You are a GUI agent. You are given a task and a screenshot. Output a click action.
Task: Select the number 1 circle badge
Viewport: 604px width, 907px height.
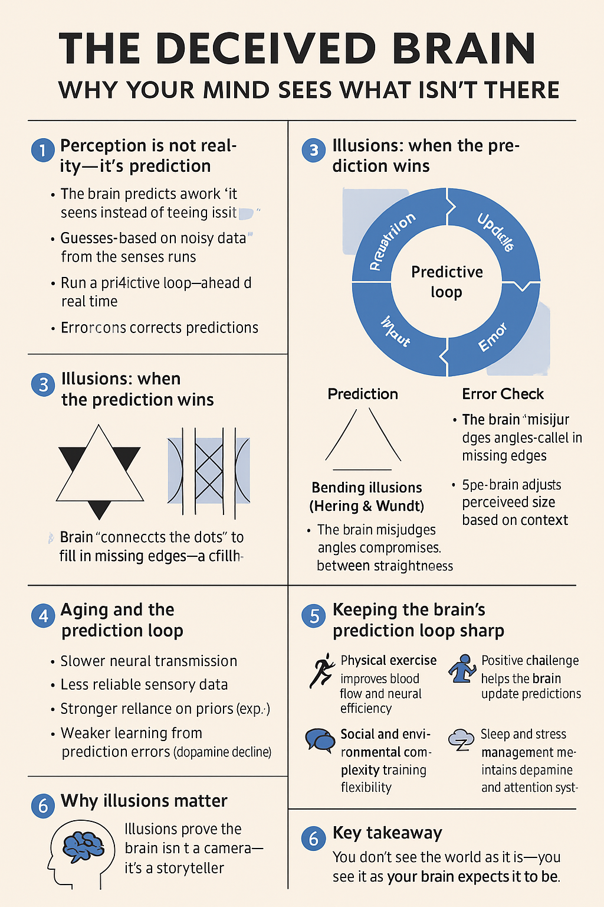[42, 151]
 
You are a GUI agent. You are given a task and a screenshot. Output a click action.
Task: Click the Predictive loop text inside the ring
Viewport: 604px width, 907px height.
[447, 282]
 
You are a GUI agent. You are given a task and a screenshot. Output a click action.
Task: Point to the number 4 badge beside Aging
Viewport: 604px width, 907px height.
[43, 616]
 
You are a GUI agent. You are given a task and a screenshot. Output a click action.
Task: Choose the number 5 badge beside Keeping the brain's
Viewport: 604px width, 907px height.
[314, 616]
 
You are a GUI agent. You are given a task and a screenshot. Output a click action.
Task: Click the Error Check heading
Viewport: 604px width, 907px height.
[503, 394]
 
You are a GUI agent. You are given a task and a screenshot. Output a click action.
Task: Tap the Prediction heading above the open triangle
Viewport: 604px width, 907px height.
[363, 394]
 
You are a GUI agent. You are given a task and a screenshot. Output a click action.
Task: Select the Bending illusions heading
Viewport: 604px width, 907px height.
[366, 488]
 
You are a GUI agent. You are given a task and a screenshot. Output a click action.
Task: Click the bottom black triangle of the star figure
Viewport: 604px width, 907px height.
[99, 508]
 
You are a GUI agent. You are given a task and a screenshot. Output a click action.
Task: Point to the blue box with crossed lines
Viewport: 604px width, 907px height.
[209, 471]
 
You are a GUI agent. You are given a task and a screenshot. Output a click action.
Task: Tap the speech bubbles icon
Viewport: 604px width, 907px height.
[320, 739]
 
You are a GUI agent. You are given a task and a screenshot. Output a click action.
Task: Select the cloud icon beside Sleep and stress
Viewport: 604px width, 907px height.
[461, 739]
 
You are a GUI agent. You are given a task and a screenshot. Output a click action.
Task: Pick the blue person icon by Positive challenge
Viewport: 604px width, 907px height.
[462, 669]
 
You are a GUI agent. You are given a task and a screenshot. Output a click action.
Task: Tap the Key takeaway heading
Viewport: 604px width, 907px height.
[387, 833]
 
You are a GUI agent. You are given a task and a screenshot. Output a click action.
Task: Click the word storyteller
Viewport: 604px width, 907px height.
[190, 868]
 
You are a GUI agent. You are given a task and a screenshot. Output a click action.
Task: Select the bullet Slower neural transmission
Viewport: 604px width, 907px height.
[149, 661]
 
